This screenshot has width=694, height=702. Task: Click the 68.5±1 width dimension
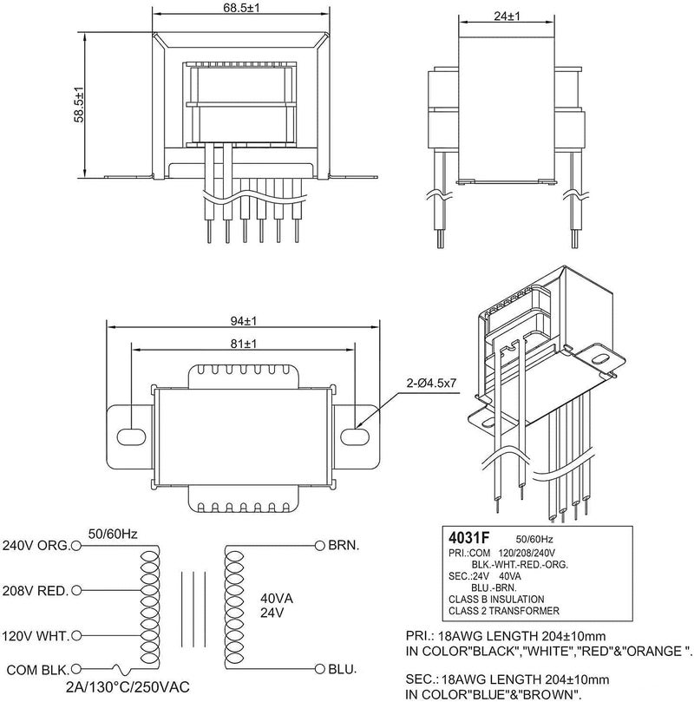coord(241,7)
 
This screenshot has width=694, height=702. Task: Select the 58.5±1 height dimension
coord(79,104)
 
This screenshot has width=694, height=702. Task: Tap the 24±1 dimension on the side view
coord(507,16)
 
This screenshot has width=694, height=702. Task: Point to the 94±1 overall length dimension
coord(244,321)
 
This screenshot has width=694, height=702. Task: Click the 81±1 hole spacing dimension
coord(244,344)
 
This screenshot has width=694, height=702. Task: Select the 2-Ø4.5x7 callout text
coord(431,383)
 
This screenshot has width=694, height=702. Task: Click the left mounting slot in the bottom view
coord(131,437)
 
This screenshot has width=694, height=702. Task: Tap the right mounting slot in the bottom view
coord(355,437)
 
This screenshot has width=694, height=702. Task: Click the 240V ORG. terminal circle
coord(76,546)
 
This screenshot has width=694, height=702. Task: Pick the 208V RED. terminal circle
coord(76,591)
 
